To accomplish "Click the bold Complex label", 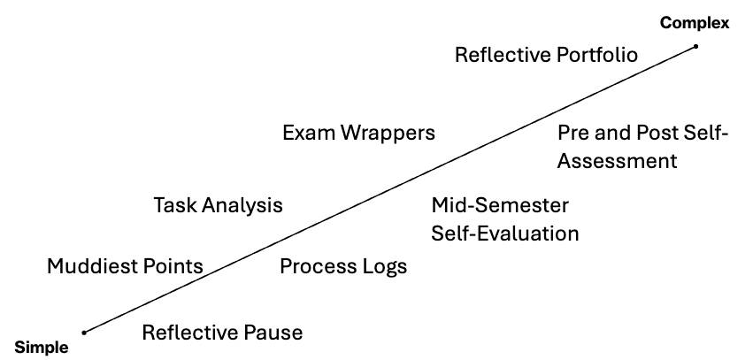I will click(x=695, y=23).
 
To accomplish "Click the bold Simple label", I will click(x=41, y=348).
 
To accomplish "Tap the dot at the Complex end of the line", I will click(x=696, y=47).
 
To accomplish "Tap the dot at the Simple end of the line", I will click(x=84, y=333).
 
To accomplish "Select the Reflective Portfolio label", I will click(x=546, y=55).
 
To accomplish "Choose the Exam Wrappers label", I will click(x=358, y=133).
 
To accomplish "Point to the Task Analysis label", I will click(x=218, y=205).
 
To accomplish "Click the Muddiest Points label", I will click(x=125, y=265).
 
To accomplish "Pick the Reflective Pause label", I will click(x=222, y=333).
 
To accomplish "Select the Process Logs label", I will click(x=343, y=265).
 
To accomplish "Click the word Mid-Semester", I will click(x=500, y=205).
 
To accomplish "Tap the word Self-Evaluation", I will click(x=505, y=234).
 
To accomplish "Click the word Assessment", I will click(x=617, y=161).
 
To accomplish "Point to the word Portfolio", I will click(x=593, y=55).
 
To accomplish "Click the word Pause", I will click(x=273, y=333).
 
